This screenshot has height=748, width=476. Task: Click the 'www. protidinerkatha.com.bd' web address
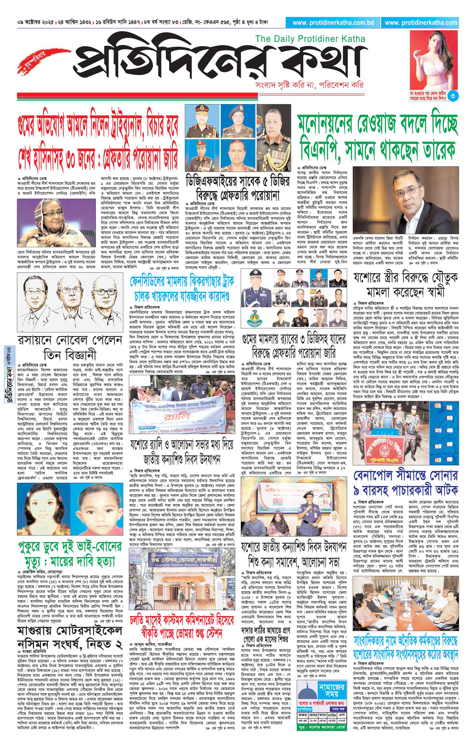(333, 23)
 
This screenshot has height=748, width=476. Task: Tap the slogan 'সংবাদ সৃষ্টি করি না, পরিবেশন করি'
(309, 85)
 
